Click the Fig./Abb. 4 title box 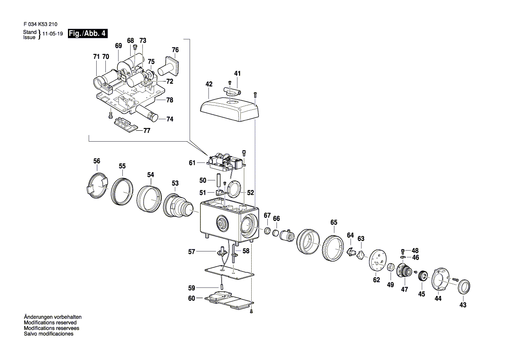[88, 34]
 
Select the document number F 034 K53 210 [40, 24]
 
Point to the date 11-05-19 [53, 34]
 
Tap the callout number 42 [209, 84]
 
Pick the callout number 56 [97, 161]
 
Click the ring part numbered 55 [122, 192]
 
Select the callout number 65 [334, 223]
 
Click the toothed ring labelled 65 [334, 247]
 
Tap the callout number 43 [463, 305]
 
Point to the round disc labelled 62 [377, 262]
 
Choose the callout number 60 [192, 298]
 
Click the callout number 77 [147, 131]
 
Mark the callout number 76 [175, 50]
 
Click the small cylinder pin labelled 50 [219, 180]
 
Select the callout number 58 [246, 251]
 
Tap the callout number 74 [170, 119]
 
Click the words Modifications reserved [51, 323]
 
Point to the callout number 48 [415, 251]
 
